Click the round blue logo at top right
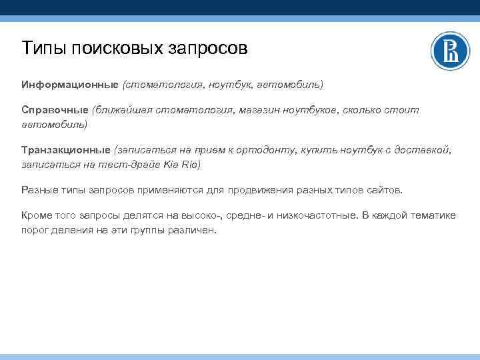point(450,51)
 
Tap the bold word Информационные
point(70,85)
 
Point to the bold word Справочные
point(55,110)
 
